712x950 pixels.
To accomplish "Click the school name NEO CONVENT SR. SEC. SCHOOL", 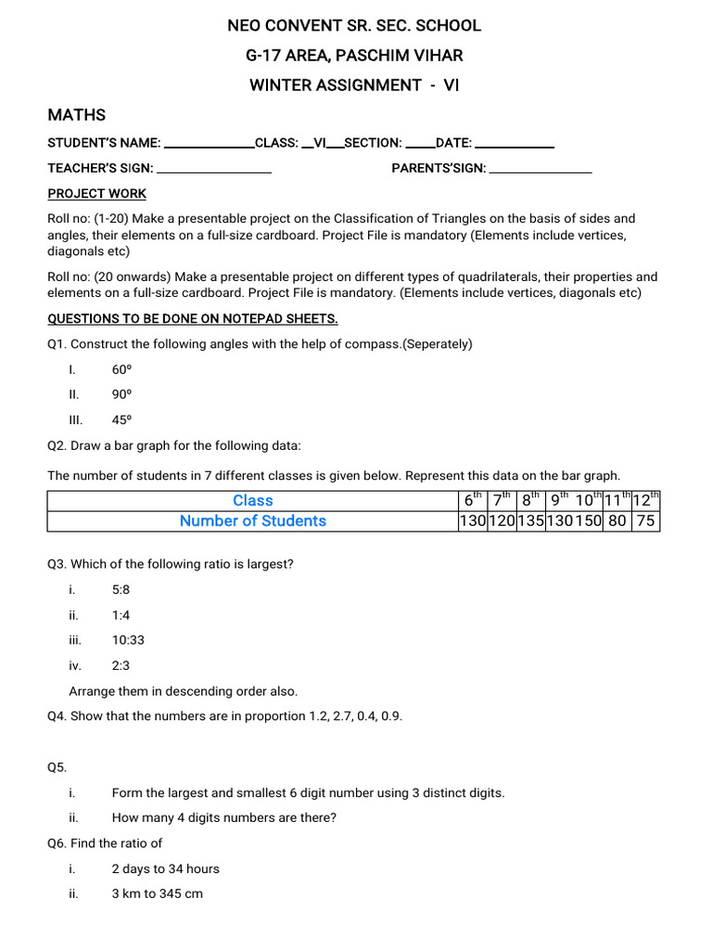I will coord(354,26).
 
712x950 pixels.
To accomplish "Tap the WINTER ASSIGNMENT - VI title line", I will coord(354,85).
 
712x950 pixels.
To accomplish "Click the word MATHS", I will coord(77,115).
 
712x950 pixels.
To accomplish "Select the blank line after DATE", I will coord(515,145).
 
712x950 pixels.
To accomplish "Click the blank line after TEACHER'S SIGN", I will coord(214,170).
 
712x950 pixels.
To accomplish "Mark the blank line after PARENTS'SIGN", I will coord(540,170).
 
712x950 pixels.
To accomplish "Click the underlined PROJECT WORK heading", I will coord(97,194).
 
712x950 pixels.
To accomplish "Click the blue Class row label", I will coord(252,501).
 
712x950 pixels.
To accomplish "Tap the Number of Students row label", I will coord(252,521).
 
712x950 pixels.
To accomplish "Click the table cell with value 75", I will coord(645,521).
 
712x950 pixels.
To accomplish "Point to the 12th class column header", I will coord(645,500).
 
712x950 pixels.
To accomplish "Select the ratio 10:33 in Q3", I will coord(128,640).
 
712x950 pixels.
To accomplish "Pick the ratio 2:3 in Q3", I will coord(121,665).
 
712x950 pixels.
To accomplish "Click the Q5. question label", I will coord(57,767).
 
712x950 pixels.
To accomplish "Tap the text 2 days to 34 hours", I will coord(165,869).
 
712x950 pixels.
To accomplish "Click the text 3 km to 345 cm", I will coord(157,894).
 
